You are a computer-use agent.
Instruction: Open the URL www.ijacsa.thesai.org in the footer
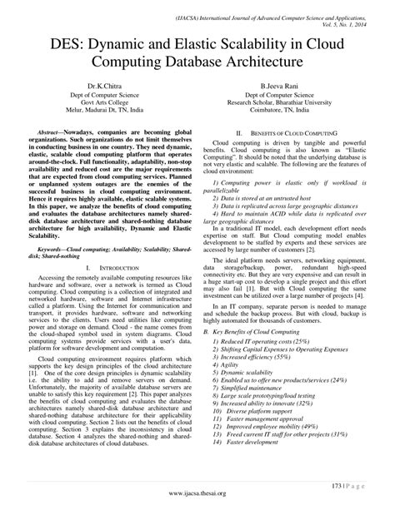point(197,494)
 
